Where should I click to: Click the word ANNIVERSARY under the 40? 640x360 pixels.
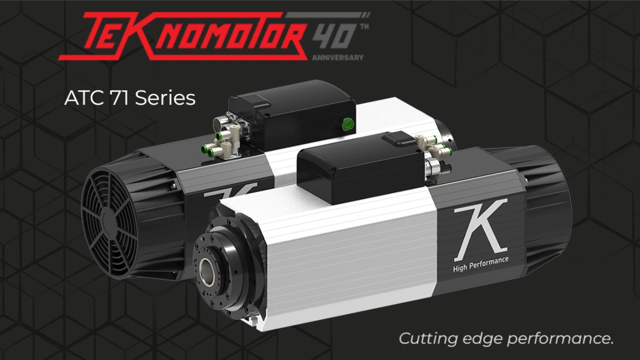(337, 57)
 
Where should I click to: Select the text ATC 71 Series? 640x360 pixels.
(129, 98)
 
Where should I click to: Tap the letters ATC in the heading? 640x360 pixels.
(82, 98)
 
